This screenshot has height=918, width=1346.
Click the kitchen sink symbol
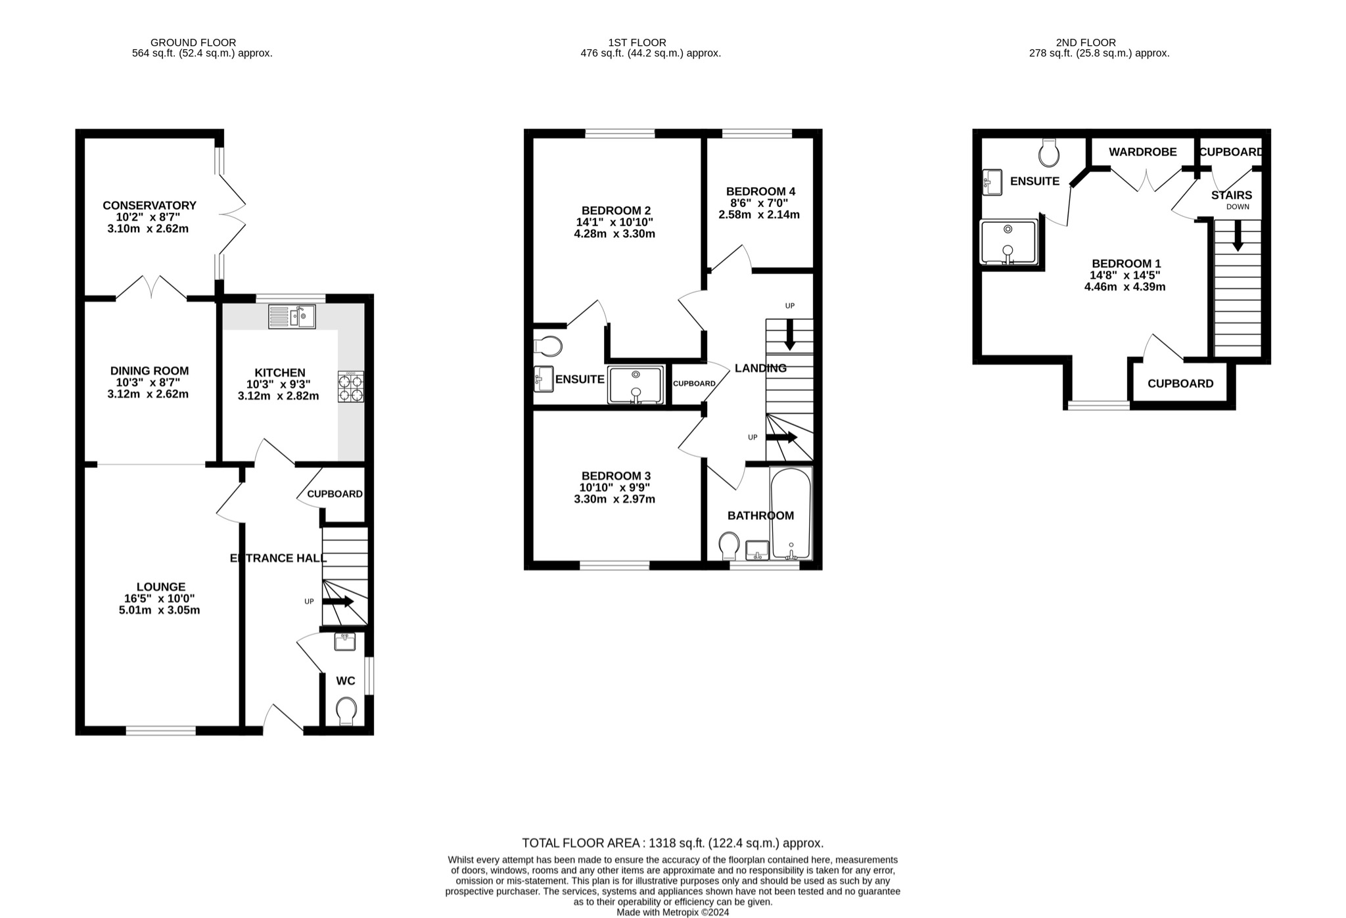coord(292,317)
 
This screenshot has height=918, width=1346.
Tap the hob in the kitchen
coord(351,387)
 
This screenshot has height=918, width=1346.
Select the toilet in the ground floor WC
coord(346,711)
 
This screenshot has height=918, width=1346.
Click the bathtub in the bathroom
coord(791,514)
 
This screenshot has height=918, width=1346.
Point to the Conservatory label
coord(149,206)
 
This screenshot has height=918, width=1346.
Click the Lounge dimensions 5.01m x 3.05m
coord(159,610)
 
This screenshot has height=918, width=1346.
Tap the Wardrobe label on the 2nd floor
coord(1142,152)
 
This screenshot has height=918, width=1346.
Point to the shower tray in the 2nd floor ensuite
coord(1008,242)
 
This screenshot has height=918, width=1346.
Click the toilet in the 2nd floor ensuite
coord(1049,153)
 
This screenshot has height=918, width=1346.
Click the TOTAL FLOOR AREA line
coord(672,842)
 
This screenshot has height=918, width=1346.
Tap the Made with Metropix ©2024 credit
coord(672,912)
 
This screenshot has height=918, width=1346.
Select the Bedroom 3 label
coord(616,475)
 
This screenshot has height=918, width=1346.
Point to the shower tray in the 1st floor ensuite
coord(636,385)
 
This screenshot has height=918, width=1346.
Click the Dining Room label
coord(149,371)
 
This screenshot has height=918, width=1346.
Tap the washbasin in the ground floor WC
coord(345,641)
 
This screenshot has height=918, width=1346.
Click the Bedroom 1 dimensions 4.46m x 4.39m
coord(1125,287)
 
